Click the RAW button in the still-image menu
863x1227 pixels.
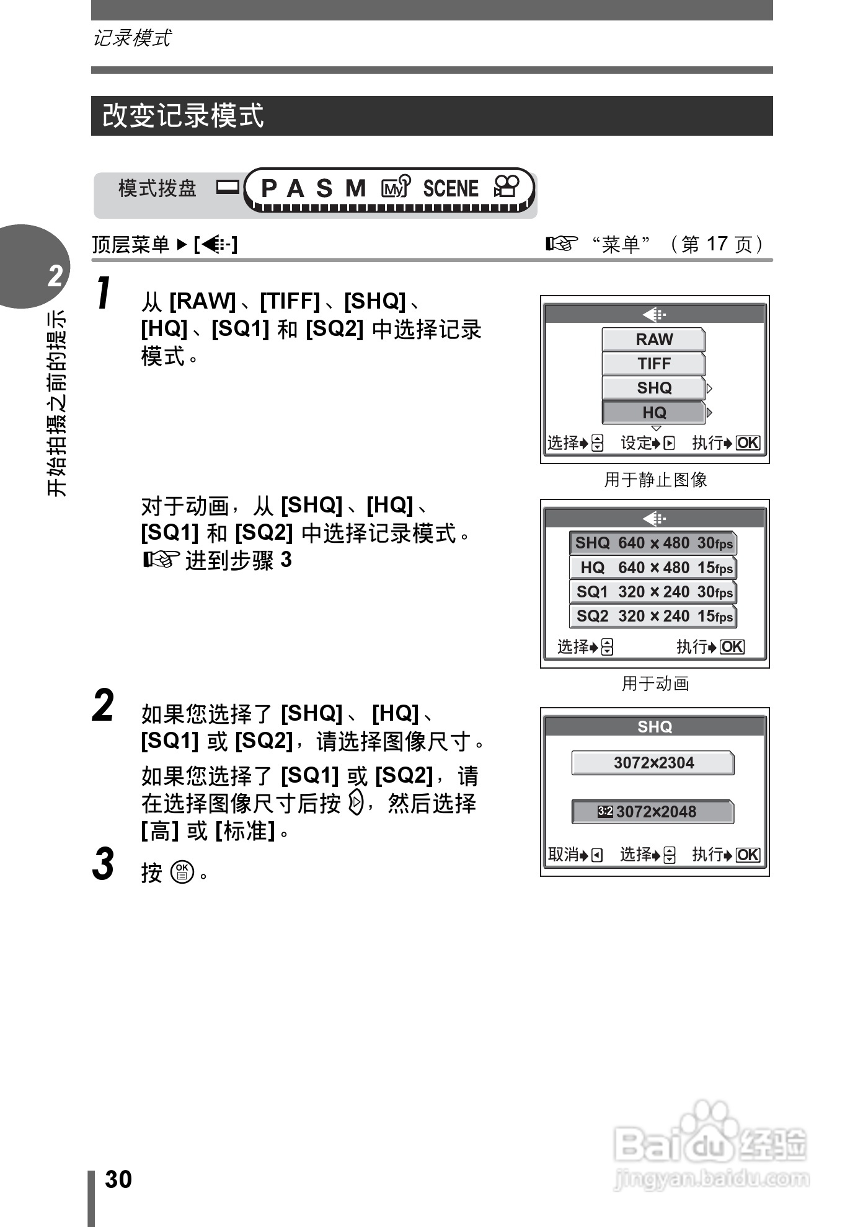click(x=653, y=340)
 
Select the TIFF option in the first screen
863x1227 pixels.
click(x=653, y=364)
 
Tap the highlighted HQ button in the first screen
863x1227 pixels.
click(x=653, y=412)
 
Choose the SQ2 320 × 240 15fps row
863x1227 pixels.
click(x=653, y=616)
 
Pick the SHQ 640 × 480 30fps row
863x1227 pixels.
click(x=653, y=543)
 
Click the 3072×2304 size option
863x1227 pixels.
click(x=653, y=763)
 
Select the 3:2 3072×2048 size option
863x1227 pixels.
click(x=653, y=812)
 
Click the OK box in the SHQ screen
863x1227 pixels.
click(x=748, y=855)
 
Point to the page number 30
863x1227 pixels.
click(x=118, y=1179)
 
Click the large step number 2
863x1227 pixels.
click(x=103, y=706)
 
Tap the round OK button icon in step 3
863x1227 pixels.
click(x=182, y=872)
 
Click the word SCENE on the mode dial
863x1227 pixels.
click(x=451, y=188)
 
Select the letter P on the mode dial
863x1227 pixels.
click(x=268, y=188)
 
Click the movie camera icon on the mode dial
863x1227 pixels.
click(x=507, y=187)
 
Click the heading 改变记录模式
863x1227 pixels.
click(x=183, y=116)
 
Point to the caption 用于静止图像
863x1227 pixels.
click(x=655, y=480)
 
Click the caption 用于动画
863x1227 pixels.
click(x=655, y=684)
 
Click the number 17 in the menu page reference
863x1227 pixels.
click(x=717, y=244)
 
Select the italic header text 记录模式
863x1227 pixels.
click(x=131, y=38)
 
